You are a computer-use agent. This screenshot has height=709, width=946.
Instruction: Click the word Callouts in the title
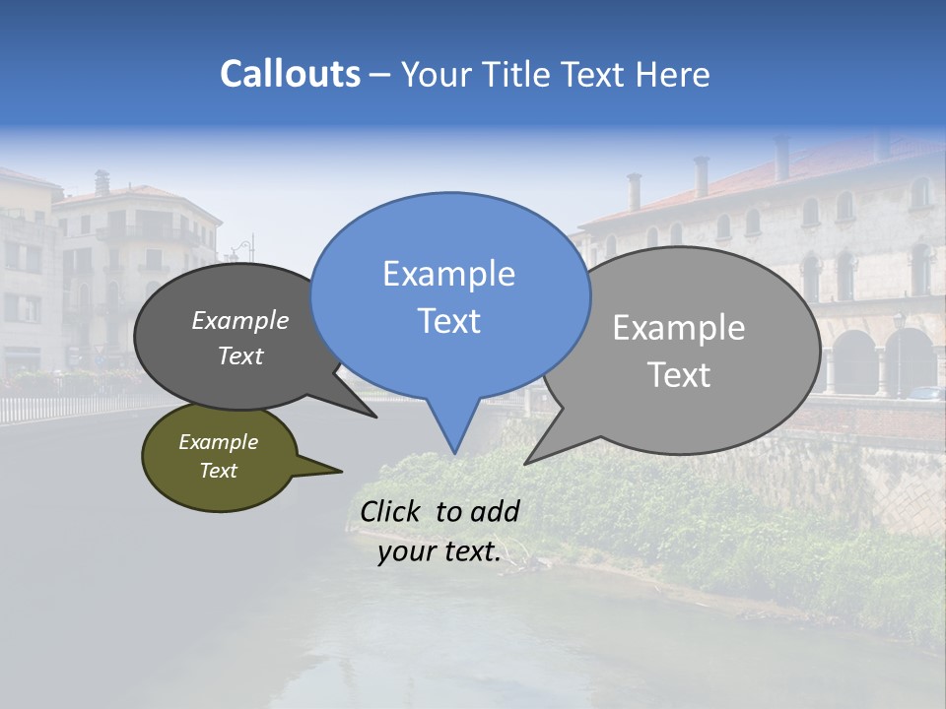pyautogui.click(x=290, y=74)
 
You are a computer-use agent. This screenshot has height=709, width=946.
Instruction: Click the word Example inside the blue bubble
pyautogui.click(x=449, y=274)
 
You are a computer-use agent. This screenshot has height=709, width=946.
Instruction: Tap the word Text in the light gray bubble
pyautogui.click(x=680, y=375)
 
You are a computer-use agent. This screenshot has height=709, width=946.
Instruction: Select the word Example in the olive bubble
pyautogui.click(x=219, y=442)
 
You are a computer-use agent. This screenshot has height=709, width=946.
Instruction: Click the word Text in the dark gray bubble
pyautogui.click(x=240, y=355)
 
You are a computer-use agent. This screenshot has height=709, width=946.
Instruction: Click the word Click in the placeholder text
pyautogui.click(x=391, y=511)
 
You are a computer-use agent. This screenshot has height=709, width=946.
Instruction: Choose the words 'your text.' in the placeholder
pyautogui.click(x=439, y=551)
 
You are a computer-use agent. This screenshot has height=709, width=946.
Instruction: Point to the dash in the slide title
pyautogui.click(x=380, y=75)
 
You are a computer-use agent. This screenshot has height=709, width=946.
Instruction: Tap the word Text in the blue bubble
pyautogui.click(x=449, y=321)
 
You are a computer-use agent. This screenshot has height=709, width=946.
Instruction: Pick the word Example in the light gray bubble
pyautogui.click(x=679, y=328)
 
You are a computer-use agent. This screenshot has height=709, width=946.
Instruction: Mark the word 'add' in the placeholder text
pyautogui.click(x=495, y=511)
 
